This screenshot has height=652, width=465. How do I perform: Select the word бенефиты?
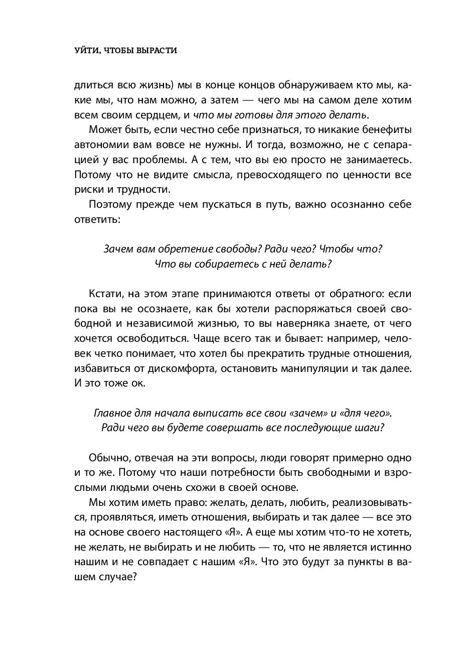point(386,130)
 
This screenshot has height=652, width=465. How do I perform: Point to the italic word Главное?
point(113,413)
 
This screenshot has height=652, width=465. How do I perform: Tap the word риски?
point(88,190)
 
